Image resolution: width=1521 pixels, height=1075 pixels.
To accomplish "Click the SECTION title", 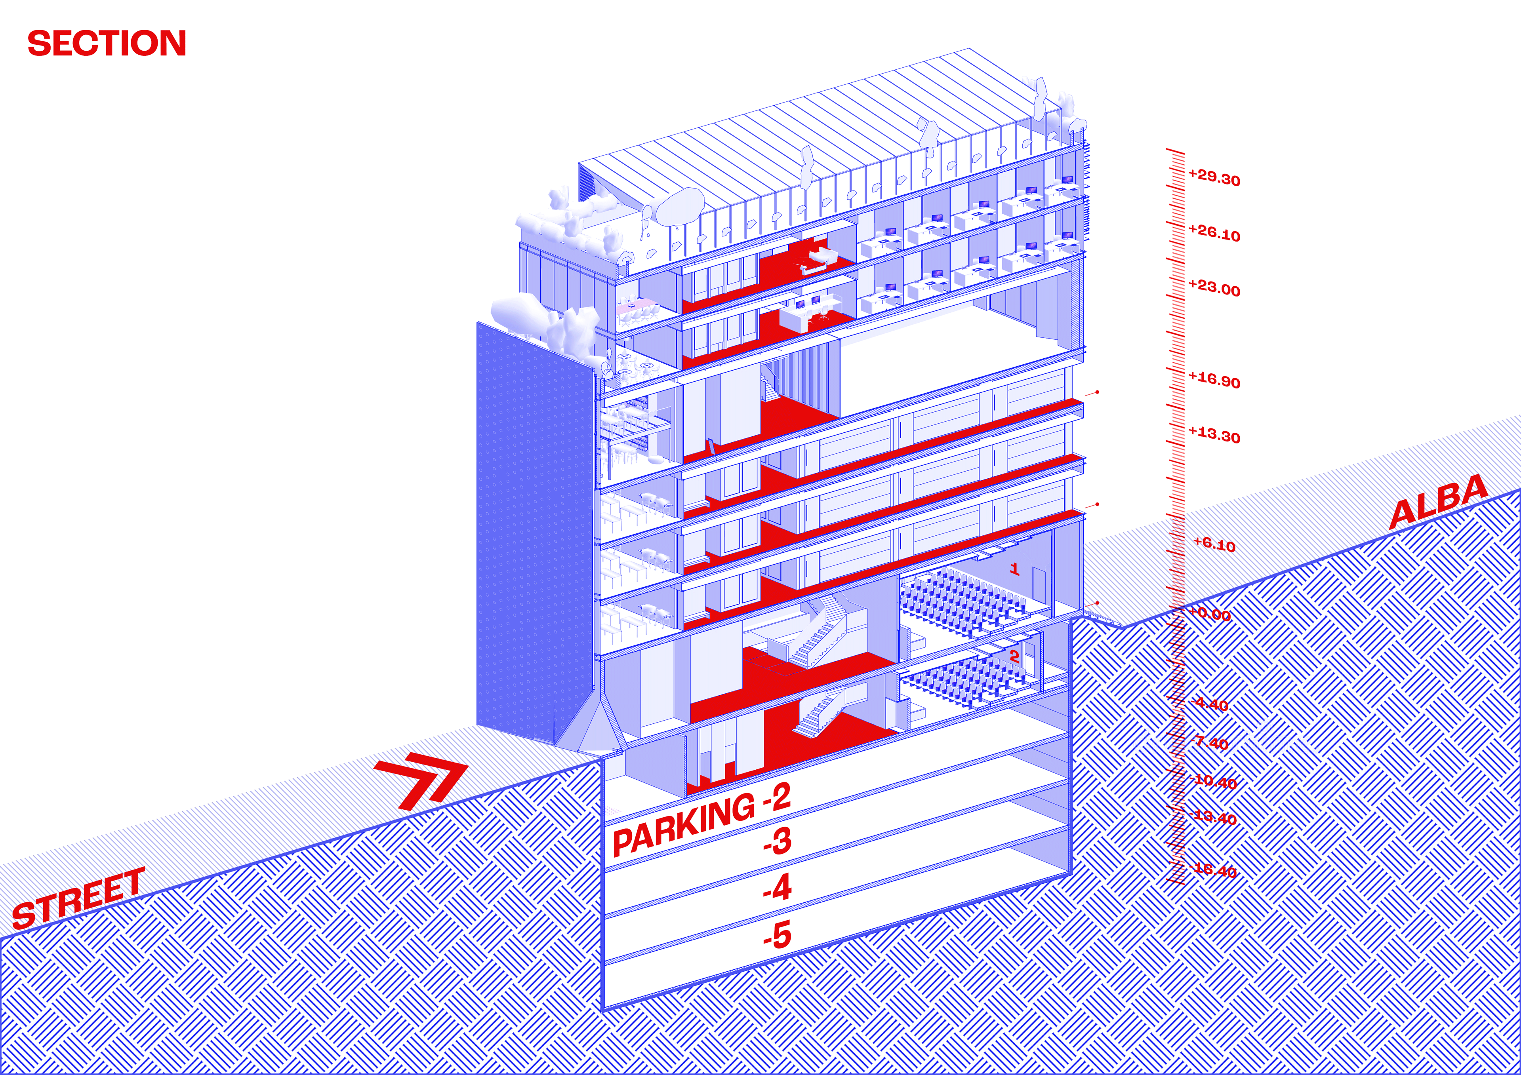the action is [107, 44].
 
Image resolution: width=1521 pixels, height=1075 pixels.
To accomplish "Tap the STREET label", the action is [78, 899].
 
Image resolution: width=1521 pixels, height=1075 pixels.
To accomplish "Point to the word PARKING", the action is [683, 825].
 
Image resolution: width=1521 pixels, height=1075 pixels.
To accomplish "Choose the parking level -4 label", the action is [777, 888].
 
